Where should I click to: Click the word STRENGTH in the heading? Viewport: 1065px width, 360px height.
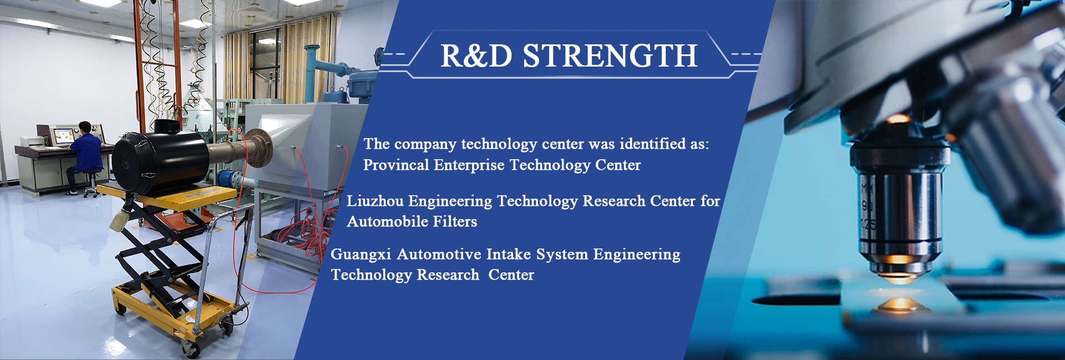click(610, 55)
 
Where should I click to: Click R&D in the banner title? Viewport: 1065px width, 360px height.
click(476, 55)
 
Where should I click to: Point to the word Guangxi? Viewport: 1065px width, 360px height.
click(361, 255)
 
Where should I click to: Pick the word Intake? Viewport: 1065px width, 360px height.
click(509, 254)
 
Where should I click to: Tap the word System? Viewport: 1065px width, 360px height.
click(562, 255)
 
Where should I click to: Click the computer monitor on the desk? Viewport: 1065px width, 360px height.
click(64, 135)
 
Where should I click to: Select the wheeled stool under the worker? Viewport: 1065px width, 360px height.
click(91, 182)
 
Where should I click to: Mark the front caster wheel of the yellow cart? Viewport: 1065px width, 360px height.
click(192, 349)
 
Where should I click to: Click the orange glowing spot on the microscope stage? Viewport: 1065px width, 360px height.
click(900, 304)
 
